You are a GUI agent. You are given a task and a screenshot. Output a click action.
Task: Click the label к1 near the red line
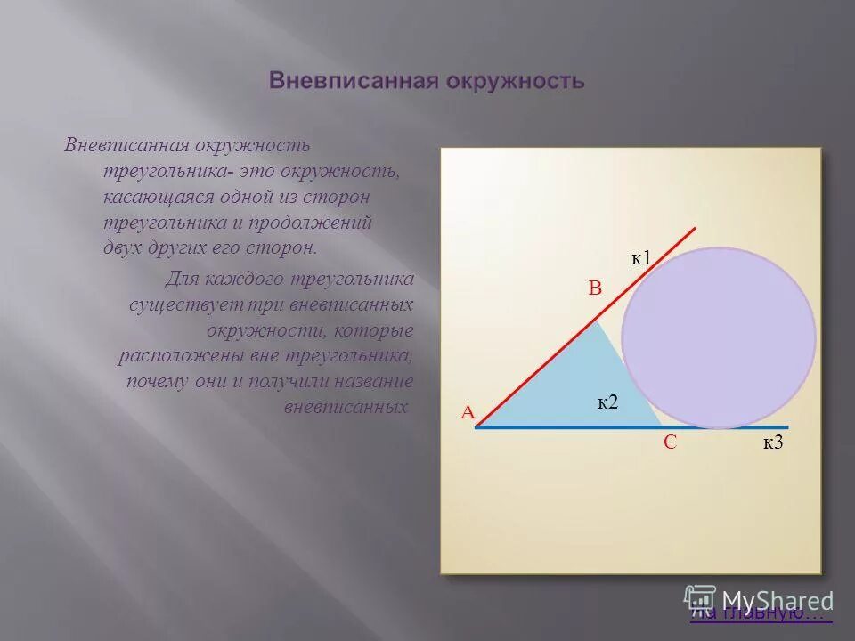coord(642,258)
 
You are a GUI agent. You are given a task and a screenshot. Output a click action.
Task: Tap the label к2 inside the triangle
coord(607,402)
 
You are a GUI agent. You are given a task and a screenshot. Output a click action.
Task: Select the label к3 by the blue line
coord(772,442)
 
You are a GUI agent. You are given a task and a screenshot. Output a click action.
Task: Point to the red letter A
coord(468,412)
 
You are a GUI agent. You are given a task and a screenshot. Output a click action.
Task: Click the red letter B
coord(595,288)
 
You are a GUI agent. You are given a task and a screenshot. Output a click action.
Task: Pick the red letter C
coord(671,442)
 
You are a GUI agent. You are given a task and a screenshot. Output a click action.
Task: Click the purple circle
coord(718,338)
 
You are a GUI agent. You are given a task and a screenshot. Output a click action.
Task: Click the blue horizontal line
coord(552,427)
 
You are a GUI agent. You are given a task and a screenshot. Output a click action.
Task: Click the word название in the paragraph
coord(368,382)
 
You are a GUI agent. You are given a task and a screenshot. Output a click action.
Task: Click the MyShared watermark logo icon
coord(700,598)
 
